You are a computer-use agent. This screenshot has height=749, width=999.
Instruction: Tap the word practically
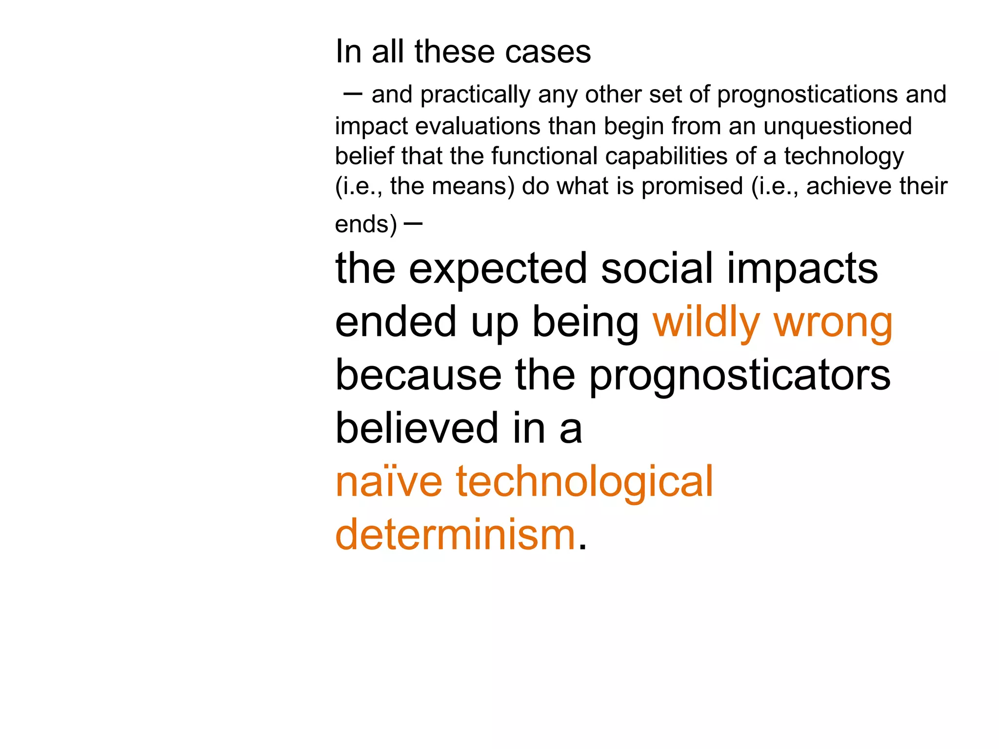[x=475, y=95]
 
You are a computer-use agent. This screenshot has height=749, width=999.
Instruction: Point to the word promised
[x=692, y=187]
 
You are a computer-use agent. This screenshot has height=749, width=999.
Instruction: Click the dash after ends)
[x=413, y=224]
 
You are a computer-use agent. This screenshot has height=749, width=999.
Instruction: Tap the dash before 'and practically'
[x=353, y=94]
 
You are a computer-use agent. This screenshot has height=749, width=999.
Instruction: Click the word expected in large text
[x=498, y=269]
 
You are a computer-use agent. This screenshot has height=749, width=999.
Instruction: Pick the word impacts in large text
[x=802, y=269]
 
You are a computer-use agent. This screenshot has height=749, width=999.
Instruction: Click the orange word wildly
[x=706, y=323]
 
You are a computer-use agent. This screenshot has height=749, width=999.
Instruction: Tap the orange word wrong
[x=833, y=323]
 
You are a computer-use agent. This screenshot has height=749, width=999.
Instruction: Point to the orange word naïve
[x=389, y=482]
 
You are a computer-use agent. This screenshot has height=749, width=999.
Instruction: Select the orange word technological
[x=584, y=483]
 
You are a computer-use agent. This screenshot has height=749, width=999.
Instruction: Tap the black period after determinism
[x=581, y=548]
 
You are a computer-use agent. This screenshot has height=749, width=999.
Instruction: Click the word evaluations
[x=478, y=126]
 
